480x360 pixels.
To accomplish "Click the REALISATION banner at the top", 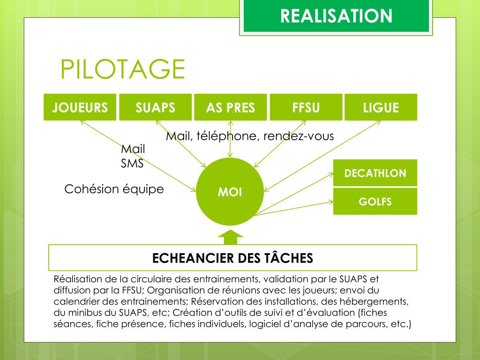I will (x=336, y=16).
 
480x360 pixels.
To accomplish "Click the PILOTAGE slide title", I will (x=122, y=69).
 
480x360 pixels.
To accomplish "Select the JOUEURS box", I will (x=80, y=107).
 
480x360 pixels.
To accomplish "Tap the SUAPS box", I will (x=155, y=107).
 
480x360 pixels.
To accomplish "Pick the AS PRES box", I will (x=230, y=107).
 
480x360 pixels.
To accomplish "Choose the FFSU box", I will (x=306, y=107).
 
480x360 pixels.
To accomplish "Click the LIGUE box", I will (x=381, y=107).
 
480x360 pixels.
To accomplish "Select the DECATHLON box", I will (x=375, y=173).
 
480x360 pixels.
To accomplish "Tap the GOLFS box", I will (x=375, y=202).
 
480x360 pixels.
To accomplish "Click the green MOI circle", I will (x=230, y=193).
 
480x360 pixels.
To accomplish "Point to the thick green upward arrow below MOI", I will (x=231, y=237).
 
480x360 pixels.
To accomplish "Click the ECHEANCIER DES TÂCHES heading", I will (x=232, y=257).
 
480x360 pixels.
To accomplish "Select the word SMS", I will (x=132, y=164).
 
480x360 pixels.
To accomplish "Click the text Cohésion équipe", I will (x=114, y=189).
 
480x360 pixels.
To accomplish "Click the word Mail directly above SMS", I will (x=133, y=149).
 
